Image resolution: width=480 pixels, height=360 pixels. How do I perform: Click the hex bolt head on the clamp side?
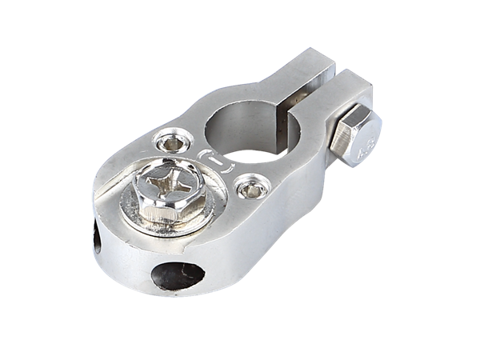click(357, 138)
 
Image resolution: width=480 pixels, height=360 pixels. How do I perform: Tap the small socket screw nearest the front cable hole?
click(248, 190)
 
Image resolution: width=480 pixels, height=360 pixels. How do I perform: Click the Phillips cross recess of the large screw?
click(166, 189)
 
